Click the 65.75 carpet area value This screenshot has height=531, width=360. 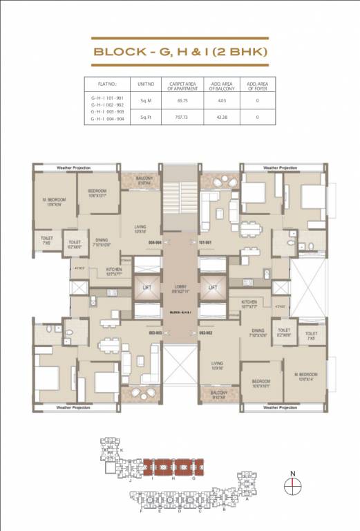coord(183,100)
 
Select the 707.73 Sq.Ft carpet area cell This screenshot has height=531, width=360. coord(183,117)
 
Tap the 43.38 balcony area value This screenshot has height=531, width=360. coord(220,117)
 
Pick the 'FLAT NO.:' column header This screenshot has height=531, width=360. coord(107,85)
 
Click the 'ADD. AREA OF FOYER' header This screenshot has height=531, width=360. coord(257,85)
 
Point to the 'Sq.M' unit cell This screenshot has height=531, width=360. coord(145,100)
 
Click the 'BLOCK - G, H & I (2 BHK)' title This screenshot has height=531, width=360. coord(180,51)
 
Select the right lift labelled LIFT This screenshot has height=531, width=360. coord(213,287)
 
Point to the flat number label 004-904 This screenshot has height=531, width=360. coord(155,243)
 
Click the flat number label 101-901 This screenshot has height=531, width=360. coord(205,243)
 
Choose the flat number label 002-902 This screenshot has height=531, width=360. coord(205,333)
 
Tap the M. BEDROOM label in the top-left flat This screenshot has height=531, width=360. coord(53,201)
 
